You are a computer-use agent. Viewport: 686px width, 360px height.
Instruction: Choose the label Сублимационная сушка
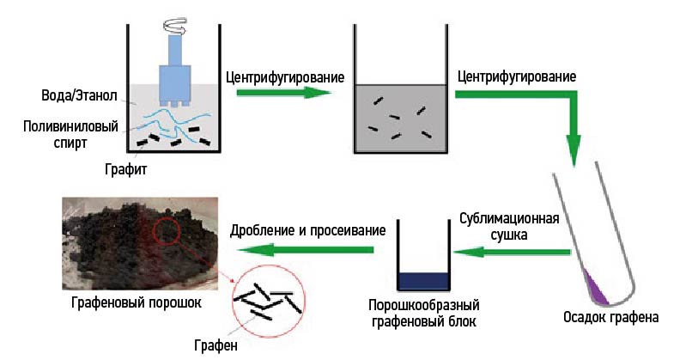click(x=509, y=225)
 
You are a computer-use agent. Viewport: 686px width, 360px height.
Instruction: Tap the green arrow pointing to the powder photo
click(x=305, y=250)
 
